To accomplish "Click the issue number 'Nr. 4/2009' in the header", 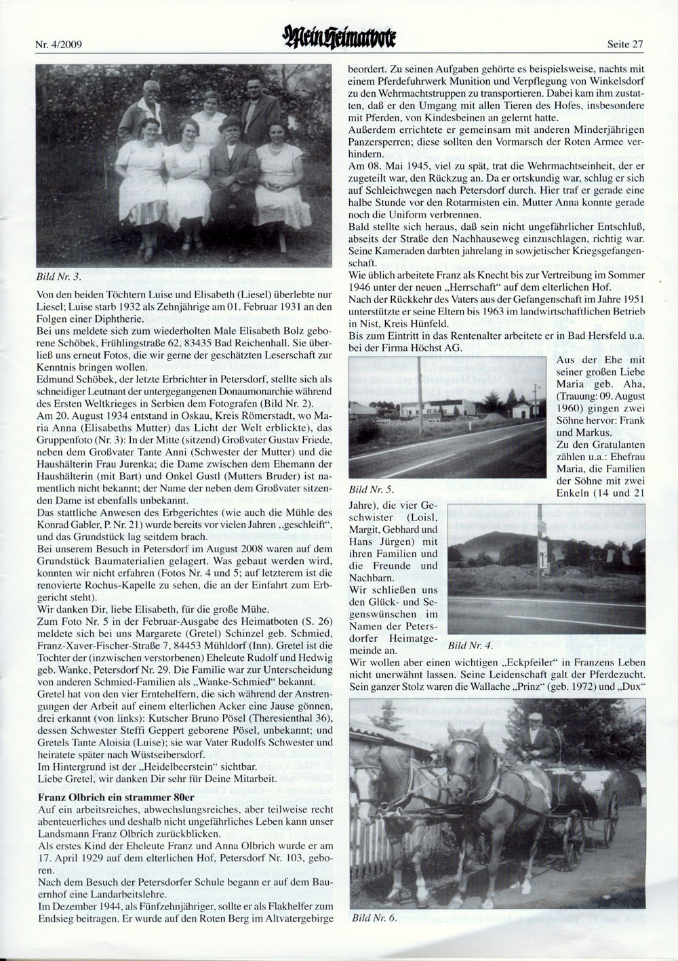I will [62, 46].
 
